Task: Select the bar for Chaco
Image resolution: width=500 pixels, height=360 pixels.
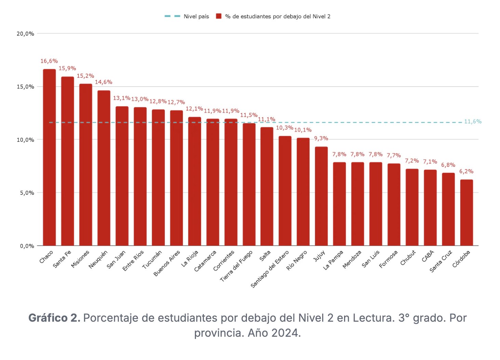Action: click(49, 157)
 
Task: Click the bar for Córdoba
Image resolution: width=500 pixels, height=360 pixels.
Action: click(466, 213)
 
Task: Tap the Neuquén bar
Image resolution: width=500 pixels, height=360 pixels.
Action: click(104, 168)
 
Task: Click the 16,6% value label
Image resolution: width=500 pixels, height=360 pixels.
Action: click(49, 61)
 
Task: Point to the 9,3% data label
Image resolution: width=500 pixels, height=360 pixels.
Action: click(321, 139)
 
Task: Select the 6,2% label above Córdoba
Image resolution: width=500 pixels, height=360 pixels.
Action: click(466, 171)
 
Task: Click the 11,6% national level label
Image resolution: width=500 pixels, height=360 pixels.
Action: click(473, 122)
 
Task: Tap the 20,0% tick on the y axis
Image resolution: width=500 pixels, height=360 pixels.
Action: click(26, 34)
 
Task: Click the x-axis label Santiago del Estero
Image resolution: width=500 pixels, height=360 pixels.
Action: click(270, 269)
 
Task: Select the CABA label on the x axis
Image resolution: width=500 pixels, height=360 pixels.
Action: click(428, 256)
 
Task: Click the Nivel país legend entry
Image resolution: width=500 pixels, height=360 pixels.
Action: click(196, 16)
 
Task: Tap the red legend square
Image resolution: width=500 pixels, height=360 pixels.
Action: click(219, 16)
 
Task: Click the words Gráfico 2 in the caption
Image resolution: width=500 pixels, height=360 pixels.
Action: click(54, 318)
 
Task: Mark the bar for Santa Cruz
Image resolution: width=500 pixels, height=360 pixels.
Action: click(448, 209)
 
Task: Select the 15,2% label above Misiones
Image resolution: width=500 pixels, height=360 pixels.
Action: click(85, 76)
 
